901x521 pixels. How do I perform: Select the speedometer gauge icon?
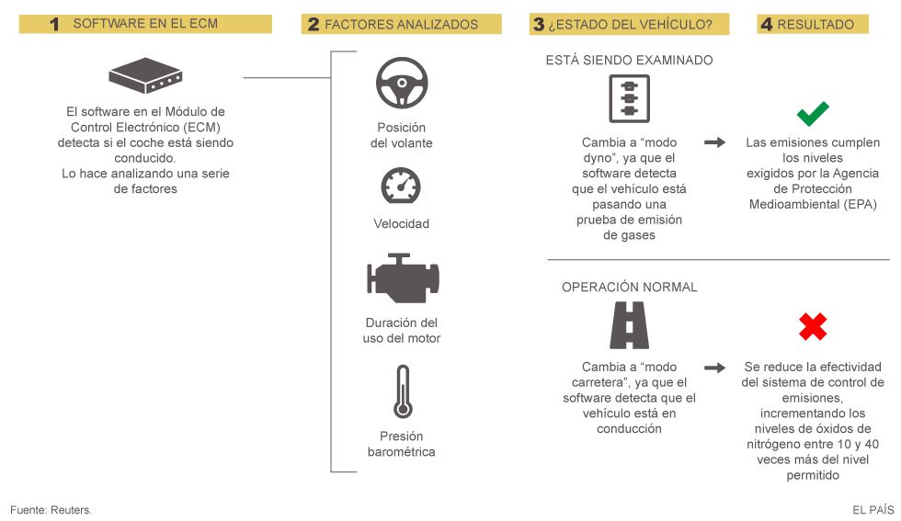[x=401, y=187]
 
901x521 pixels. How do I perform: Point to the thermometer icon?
[x=401, y=391]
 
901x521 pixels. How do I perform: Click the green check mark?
[x=813, y=114]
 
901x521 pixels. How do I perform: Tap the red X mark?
[x=813, y=326]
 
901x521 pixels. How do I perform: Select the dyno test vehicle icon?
[x=629, y=99]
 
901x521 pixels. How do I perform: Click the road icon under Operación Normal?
[x=629, y=325]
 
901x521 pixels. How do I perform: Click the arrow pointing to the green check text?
[x=714, y=142]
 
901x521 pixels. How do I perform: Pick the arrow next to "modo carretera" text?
[x=714, y=368]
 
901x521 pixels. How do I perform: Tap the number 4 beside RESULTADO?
[x=767, y=25]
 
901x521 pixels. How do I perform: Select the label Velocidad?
[x=401, y=223]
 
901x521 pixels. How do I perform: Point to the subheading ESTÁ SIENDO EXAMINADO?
[x=629, y=61]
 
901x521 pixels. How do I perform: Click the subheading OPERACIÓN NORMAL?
[x=629, y=288]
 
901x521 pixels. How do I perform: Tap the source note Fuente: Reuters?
[x=51, y=509]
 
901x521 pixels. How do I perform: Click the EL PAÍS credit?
[x=872, y=509]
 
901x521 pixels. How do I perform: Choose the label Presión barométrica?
[x=401, y=444]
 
